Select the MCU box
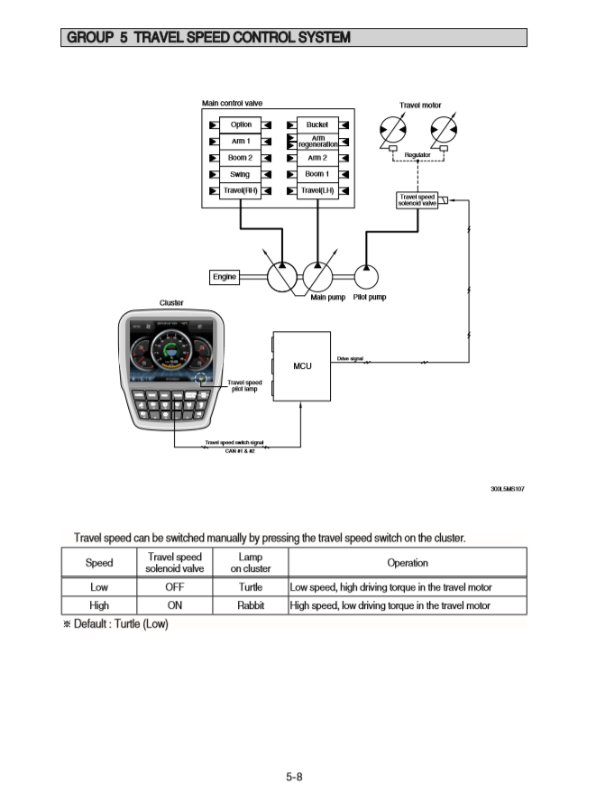(x=301, y=365)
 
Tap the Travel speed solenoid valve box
(x=417, y=199)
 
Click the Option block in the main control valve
(x=241, y=124)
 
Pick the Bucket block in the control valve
(x=317, y=124)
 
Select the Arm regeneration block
(x=317, y=141)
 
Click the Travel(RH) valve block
(x=241, y=190)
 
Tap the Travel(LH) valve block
(x=317, y=190)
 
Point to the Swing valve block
(x=241, y=174)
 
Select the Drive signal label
(x=350, y=358)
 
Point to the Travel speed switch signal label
(x=234, y=442)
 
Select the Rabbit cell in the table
(x=250, y=605)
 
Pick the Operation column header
(x=407, y=563)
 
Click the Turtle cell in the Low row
(x=250, y=587)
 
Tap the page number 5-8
(x=294, y=777)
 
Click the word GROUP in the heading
(x=88, y=38)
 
